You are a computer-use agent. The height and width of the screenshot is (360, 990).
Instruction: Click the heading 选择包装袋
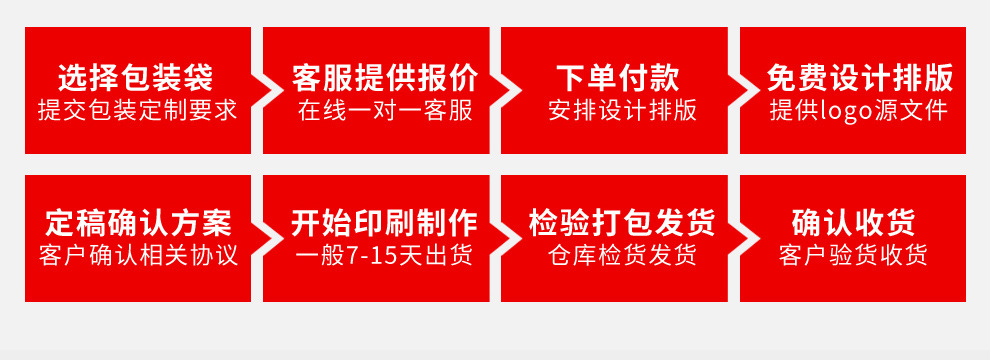(136, 77)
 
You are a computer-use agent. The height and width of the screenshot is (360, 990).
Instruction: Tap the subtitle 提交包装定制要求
(137, 110)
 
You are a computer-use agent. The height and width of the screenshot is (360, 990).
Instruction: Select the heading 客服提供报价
(385, 77)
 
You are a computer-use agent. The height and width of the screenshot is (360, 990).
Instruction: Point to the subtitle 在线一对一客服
(385, 110)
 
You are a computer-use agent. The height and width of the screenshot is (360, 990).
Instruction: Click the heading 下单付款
(617, 77)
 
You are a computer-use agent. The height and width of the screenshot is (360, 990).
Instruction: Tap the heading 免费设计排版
(859, 77)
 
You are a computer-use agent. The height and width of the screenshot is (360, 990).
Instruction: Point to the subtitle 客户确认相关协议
(138, 255)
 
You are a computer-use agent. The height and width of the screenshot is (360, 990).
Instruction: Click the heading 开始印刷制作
(385, 222)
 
